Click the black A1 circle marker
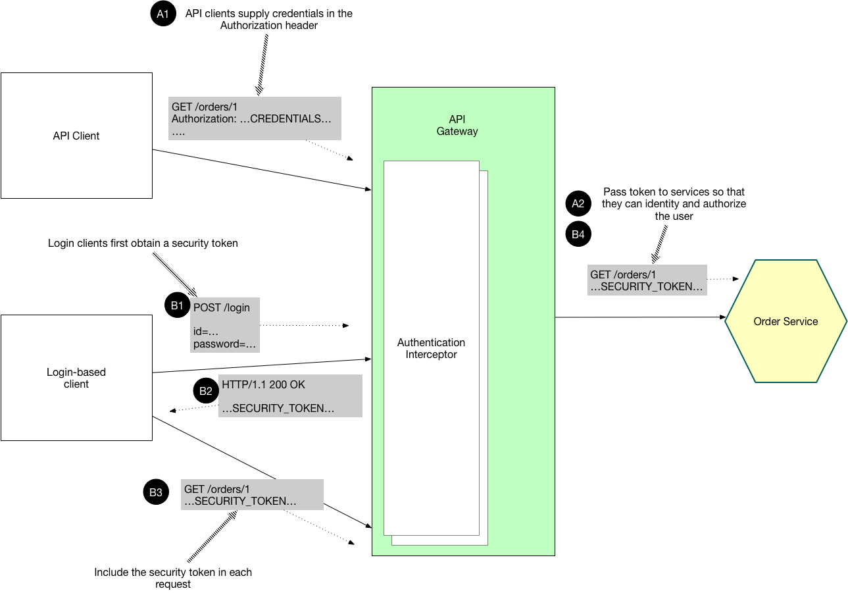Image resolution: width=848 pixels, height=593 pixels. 163,14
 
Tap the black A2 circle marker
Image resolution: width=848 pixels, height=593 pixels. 578,204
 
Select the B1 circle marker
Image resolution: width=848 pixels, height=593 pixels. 176,305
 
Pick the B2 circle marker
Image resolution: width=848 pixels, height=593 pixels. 205,391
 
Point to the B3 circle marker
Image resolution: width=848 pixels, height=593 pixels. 155,492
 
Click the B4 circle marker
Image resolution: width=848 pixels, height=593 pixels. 578,234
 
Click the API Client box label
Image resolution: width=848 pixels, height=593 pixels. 76,136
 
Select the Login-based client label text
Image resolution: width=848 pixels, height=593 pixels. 76,378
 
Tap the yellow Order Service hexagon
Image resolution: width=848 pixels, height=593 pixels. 786,321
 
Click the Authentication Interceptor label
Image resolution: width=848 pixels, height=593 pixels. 431,348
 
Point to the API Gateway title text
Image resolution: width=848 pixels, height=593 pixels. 457,126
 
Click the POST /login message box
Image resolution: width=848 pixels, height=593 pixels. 225,325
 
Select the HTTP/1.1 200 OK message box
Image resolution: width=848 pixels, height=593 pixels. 290,396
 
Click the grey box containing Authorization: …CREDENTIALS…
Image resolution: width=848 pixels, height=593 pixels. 255,118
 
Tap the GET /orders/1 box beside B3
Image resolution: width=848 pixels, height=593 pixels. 252,495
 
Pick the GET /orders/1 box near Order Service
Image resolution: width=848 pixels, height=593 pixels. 647,280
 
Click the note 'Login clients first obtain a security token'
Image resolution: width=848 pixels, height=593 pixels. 143,244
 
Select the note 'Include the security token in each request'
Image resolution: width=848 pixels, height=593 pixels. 173,578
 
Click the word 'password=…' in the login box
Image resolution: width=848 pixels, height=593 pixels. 224,344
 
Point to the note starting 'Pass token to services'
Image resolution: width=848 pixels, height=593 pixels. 674,204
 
